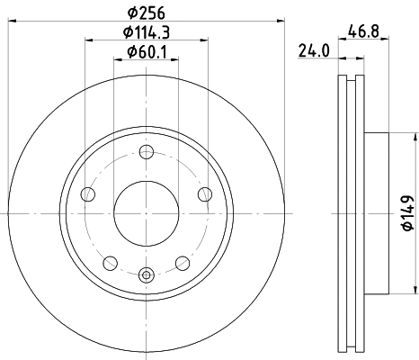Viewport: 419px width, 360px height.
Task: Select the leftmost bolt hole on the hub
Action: (87, 193)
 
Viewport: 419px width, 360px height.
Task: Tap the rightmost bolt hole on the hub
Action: (205, 193)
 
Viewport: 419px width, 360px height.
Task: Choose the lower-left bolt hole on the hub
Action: (110, 263)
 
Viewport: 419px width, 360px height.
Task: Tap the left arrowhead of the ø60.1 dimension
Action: (118, 59)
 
